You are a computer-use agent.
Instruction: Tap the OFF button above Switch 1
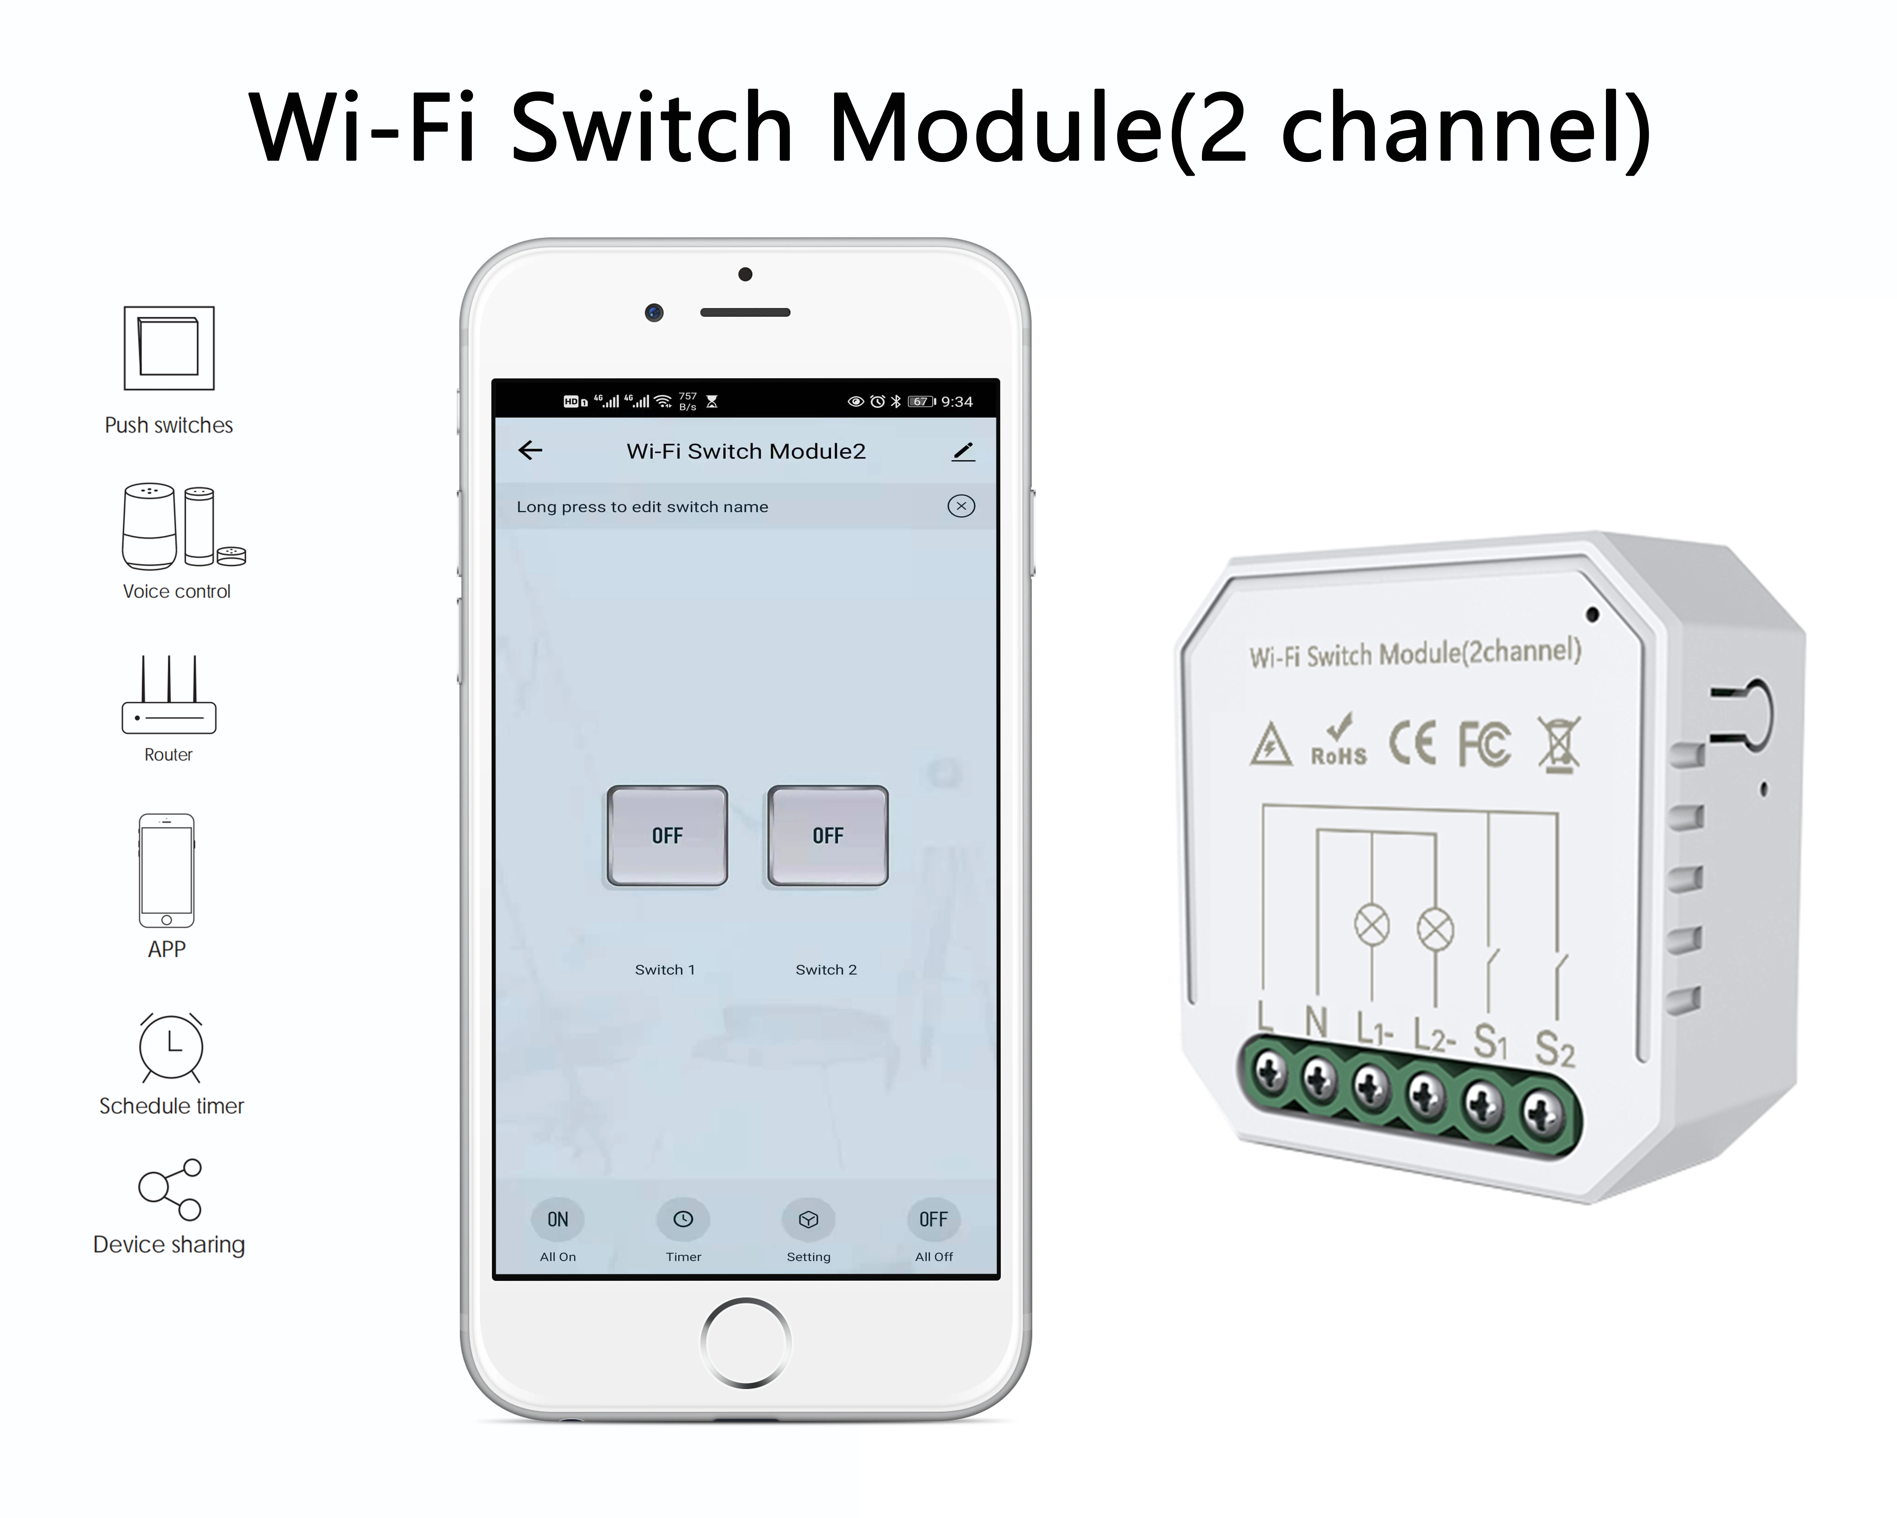[667, 835]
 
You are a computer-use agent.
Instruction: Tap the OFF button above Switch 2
[828, 835]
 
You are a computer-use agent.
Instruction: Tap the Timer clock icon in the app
[683, 1219]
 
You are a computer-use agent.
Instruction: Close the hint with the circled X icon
[961, 506]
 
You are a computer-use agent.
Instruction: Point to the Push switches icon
[169, 348]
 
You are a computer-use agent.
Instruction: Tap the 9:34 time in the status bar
[957, 401]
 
